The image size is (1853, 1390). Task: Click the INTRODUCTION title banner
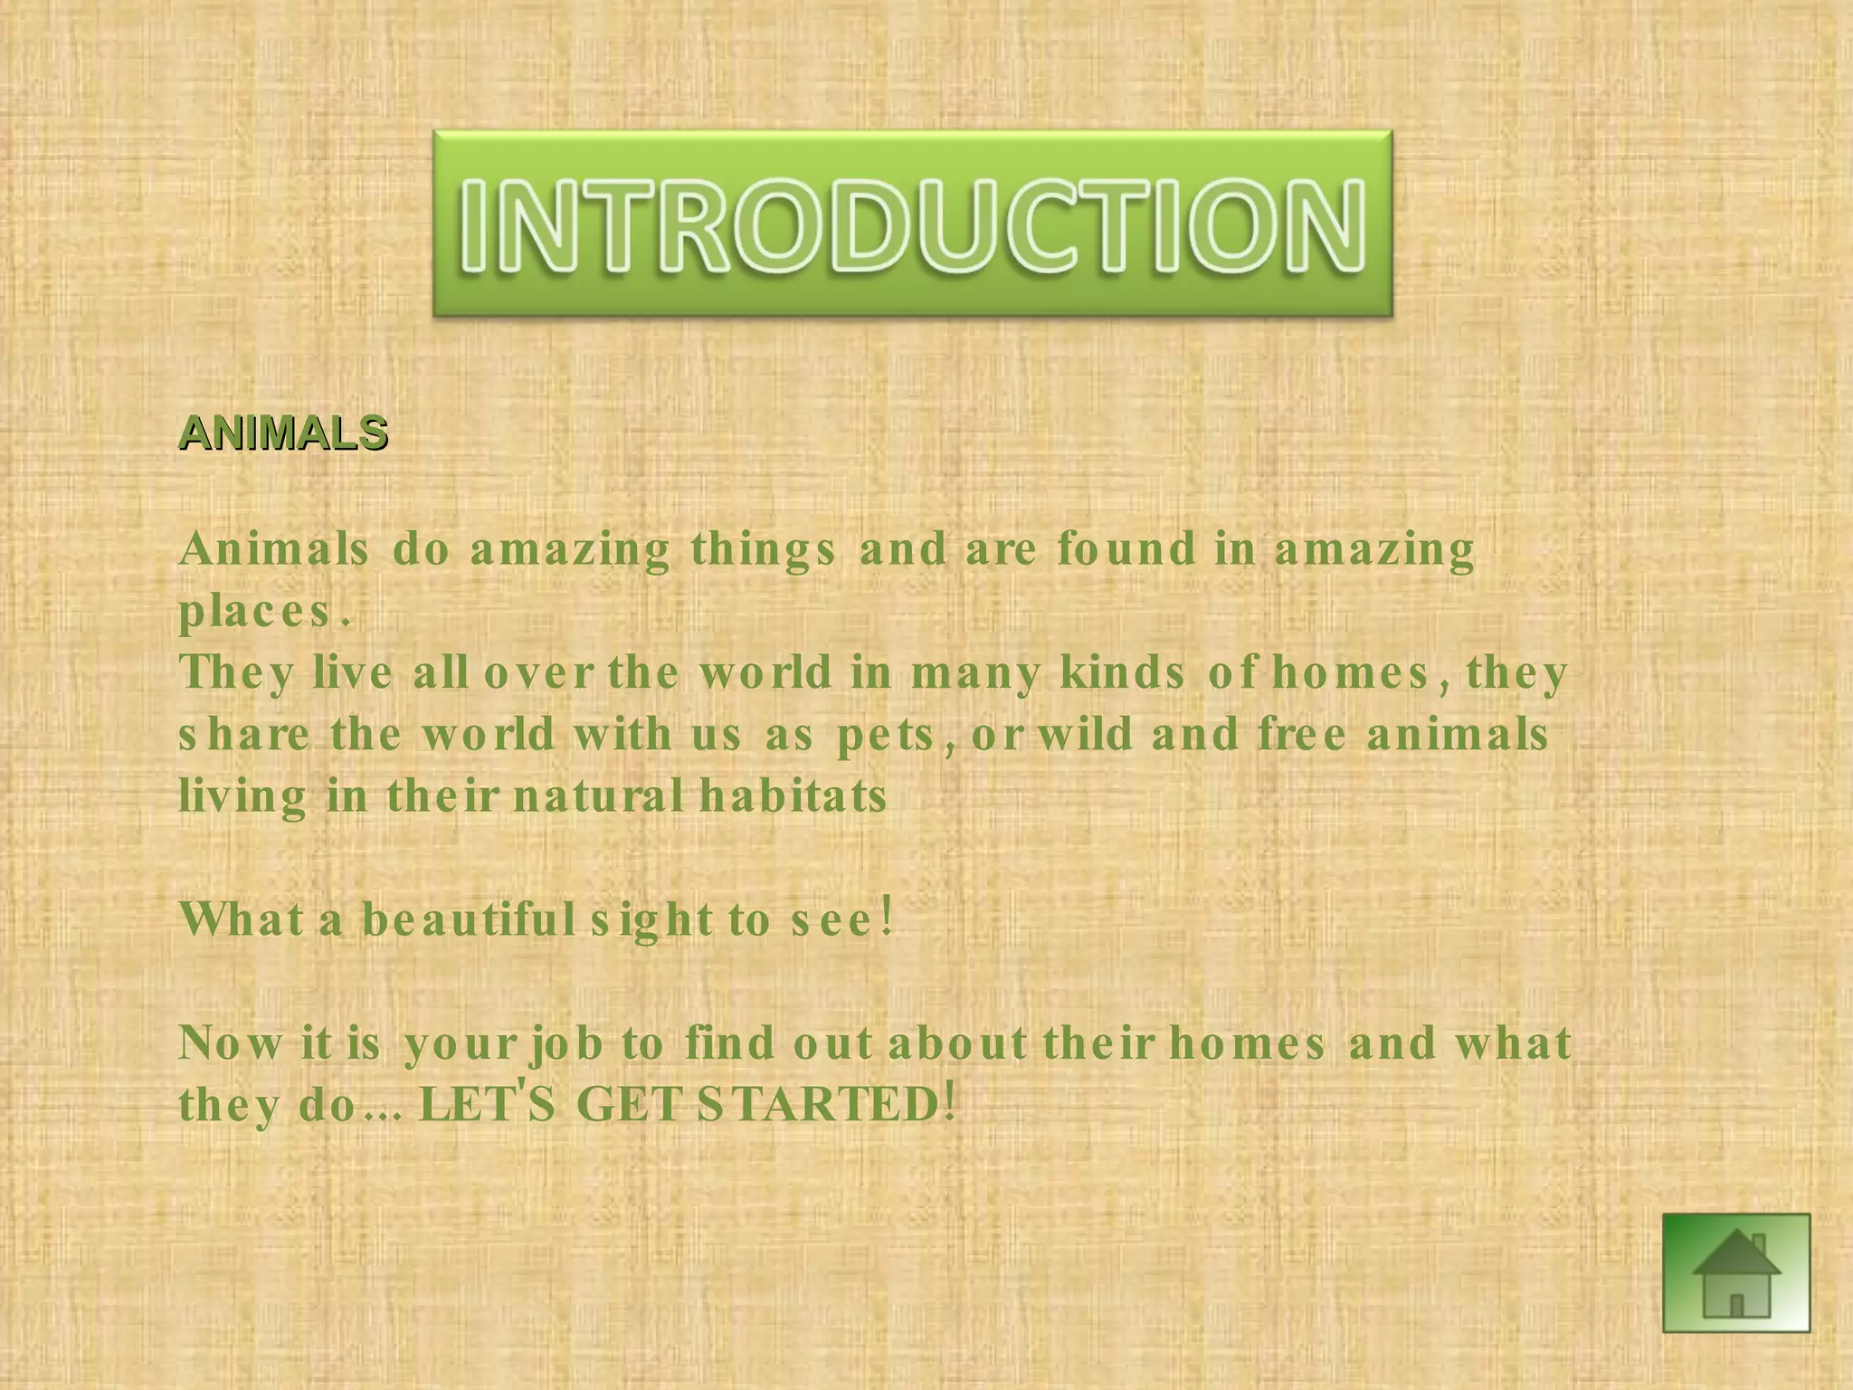click(912, 224)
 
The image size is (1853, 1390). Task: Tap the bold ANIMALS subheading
click(283, 433)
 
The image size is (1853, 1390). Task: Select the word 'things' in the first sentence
click(763, 550)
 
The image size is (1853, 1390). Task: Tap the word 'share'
click(244, 734)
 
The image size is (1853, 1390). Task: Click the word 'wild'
click(1085, 734)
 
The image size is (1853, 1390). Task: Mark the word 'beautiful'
click(468, 919)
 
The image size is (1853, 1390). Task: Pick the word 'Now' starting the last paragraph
click(230, 1043)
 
